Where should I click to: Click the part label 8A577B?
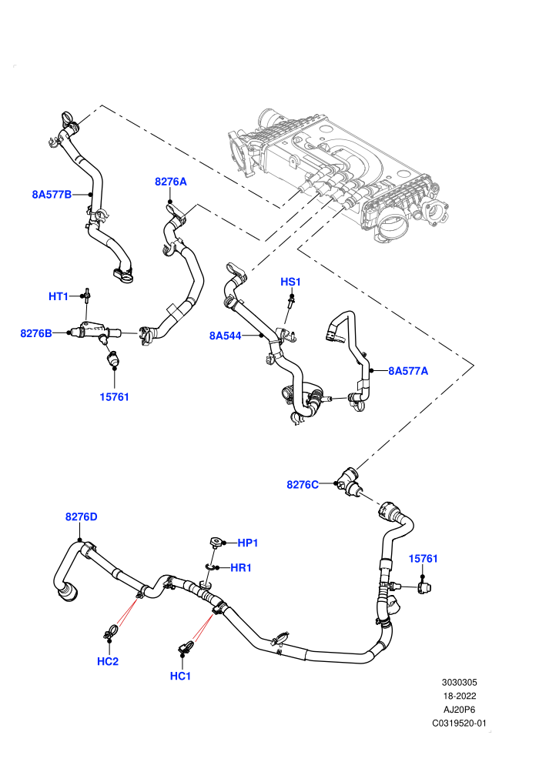[52, 195]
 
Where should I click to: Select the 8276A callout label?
[171, 182]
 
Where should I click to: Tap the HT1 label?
[59, 296]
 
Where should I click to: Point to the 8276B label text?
[36, 333]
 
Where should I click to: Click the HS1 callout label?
[290, 282]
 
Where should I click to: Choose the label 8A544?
[225, 336]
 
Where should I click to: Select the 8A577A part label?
[408, 371]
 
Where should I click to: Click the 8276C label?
[303, 484]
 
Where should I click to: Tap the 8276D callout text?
[81, 516]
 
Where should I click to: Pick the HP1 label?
[247, 543]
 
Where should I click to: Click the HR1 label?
[240, 567]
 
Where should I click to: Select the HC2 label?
[108, 661]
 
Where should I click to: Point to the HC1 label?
[180, 676]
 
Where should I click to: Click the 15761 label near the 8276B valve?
[114, 397]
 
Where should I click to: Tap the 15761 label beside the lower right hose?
[423, 559]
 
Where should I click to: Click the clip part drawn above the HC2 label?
[110, 632]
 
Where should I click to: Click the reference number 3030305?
[459, 682]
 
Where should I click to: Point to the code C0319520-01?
[459, 723]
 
